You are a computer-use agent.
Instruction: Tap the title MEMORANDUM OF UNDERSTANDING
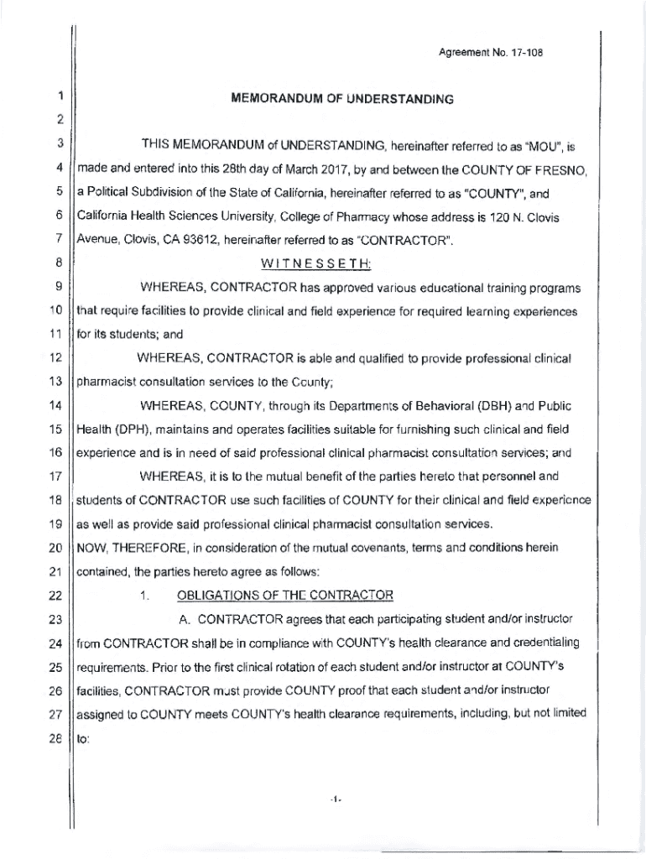(x=341, y=99)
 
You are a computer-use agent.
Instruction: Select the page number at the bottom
(x=334, y=800)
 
